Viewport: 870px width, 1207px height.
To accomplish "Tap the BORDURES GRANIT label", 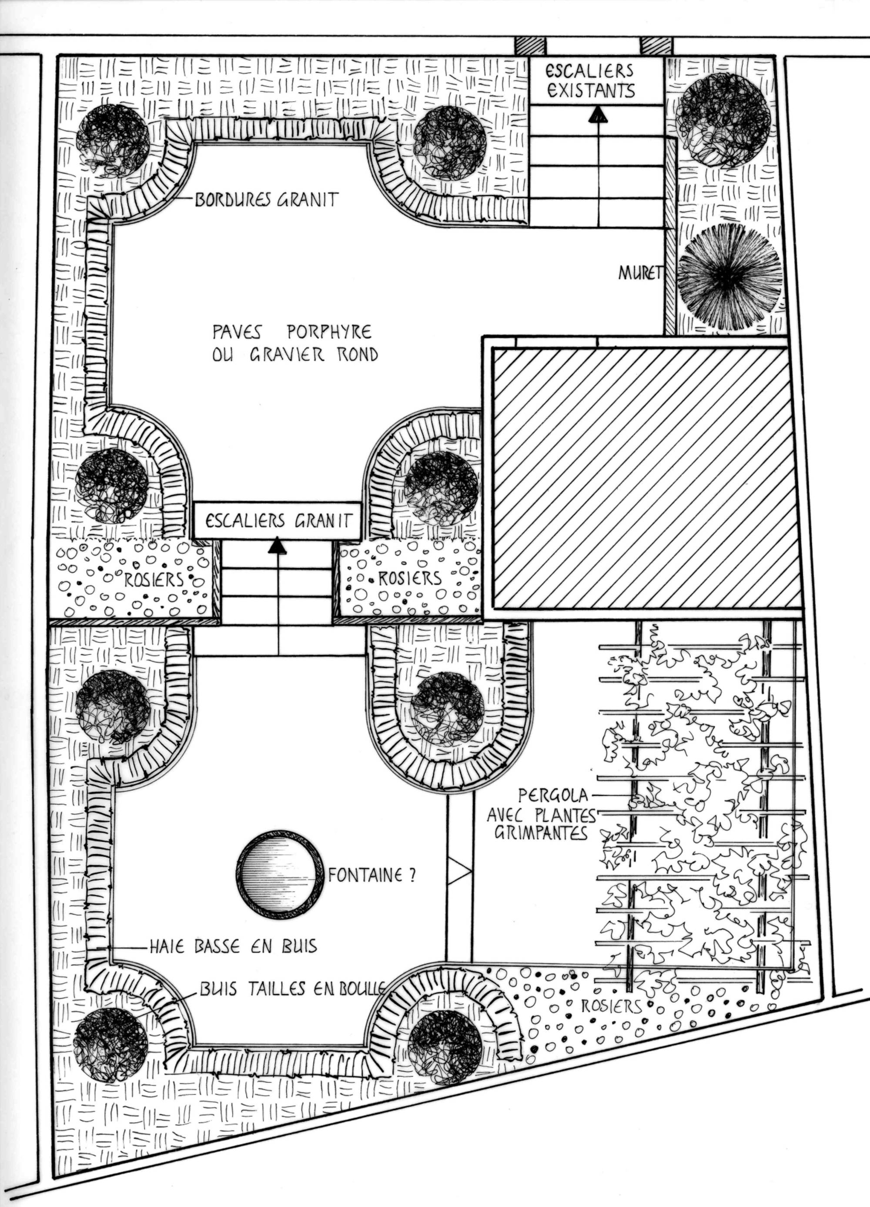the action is [266, 200].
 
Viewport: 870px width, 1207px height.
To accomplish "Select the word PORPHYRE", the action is [329, 333].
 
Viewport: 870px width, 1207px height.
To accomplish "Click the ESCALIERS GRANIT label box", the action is [277, 520].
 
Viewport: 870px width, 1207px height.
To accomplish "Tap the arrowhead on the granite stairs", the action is [277, 547].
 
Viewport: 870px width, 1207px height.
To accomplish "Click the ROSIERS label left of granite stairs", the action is [154, 578].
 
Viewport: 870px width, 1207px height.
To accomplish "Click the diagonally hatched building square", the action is [646, 478].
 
